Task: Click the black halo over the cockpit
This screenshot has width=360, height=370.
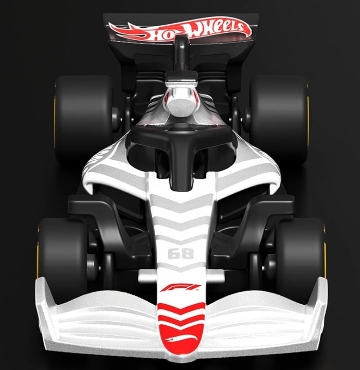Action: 180,136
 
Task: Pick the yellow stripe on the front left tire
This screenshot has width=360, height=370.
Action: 324,252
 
